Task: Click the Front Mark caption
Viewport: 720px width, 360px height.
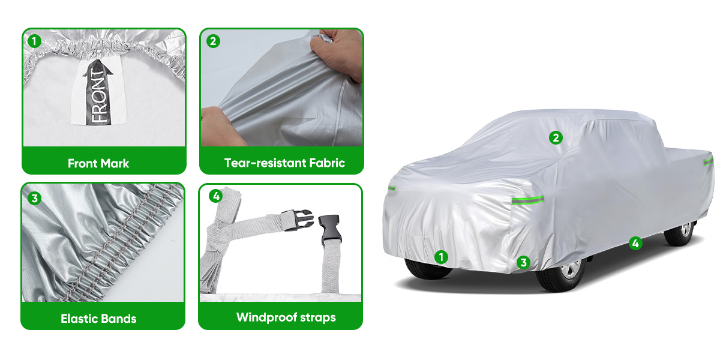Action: pos(98,163)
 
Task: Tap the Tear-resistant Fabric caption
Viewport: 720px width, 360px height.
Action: pos(284,163)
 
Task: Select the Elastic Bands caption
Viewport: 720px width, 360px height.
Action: pos(98,319)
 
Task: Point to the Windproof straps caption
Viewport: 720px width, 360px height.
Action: pos(286,317)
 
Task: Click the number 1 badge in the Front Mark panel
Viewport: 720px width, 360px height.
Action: pos(34,41)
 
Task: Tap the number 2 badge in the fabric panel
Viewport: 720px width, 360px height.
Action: pos(213,41)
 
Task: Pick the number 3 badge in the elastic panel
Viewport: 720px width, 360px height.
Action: pos(34,198)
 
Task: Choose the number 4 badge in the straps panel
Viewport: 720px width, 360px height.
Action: pos(215,196)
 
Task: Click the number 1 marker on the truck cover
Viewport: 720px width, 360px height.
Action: pos(441,257)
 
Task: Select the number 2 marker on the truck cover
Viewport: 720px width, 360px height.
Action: pos(556,138)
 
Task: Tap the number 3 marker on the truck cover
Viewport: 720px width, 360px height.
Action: pos(523,263)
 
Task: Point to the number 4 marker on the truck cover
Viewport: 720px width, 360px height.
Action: pos(635,244)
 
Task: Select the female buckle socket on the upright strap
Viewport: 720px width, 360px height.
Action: pos(329,229)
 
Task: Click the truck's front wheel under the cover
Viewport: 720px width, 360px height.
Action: pos(561,274)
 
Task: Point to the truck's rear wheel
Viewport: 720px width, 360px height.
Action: pos(680,233)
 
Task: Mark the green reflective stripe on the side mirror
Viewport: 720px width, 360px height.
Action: pos(528,200)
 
